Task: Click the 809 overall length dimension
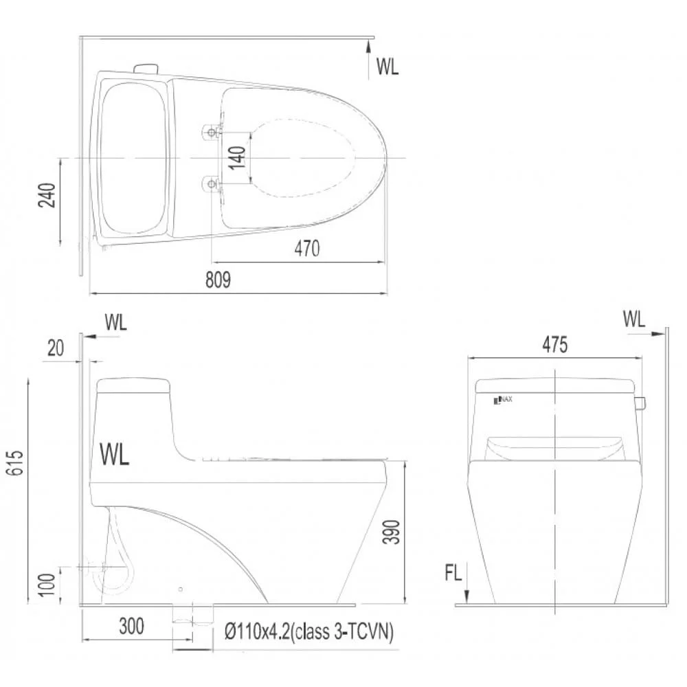[x=218, y=280]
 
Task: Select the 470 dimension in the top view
[x=306, y=249]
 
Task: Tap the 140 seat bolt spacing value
[x=237, y=158]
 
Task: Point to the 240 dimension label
[x=47, y=195]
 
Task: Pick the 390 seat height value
[x=392, y=532]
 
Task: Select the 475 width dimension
[x=554, y=345]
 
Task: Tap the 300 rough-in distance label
[x=131, y=627]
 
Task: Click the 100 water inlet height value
[x=47, y=584]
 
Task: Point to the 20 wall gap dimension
[x=55, y=348]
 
